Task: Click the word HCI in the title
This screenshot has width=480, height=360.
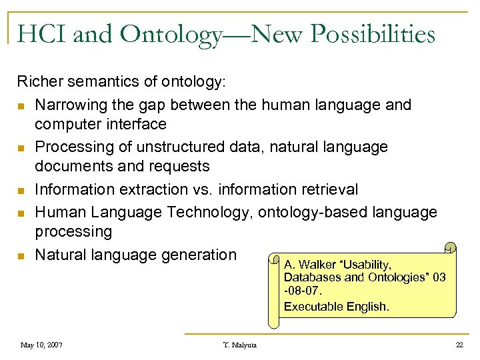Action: (43, 33)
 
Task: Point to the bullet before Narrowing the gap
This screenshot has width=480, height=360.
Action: (23, 106)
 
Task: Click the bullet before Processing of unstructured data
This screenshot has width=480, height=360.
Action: (23, 148)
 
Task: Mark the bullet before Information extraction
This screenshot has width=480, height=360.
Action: (23, 191)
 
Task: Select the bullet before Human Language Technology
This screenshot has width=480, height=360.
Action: (23, 213)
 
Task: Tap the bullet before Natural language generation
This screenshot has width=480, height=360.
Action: (23, 256)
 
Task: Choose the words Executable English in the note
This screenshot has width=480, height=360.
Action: (335, 307)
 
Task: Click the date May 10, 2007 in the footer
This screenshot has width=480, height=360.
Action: (42, 345)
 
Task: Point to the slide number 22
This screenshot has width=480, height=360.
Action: (459, 345)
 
